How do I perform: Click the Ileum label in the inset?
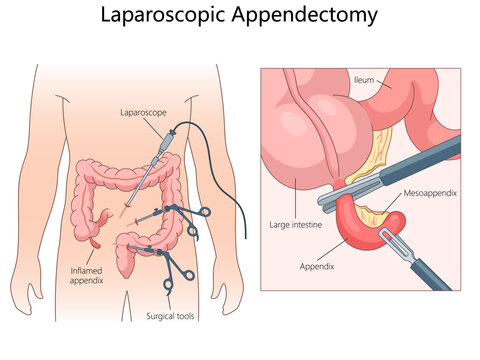coord(365,79)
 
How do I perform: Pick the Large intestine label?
coord(294,226)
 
